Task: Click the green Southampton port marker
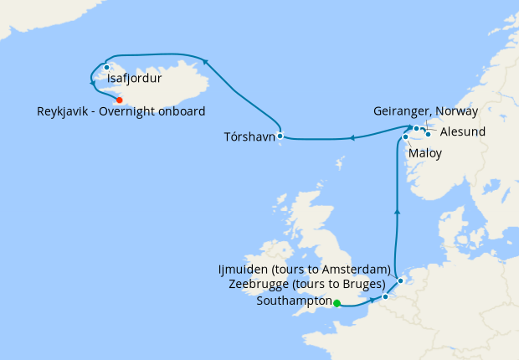point(337,304)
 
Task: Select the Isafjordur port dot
point(107,67)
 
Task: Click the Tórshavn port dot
point(280,136)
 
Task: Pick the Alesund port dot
point(428,133)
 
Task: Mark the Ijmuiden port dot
point(401,280)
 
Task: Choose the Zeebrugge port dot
point(385,296)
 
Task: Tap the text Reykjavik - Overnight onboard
point(121,111)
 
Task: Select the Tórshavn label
point(249,136)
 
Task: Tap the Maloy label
point(425,153)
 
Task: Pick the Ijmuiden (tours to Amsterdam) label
point(303,270)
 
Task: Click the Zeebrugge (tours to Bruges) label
point(306,285)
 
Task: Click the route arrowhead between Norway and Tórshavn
point(352,138)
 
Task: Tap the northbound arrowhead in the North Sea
point(396,213)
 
